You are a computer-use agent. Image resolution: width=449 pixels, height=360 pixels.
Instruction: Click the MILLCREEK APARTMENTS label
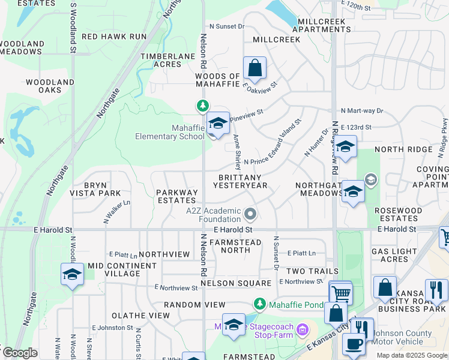tap(321, 25)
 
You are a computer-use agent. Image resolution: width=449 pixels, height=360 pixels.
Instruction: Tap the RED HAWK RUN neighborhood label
tap(114, 37)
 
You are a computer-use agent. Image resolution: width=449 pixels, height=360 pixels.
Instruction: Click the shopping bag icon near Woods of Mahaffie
tap(255, 68)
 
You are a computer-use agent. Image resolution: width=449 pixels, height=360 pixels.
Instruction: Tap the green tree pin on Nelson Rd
tap(203, 106)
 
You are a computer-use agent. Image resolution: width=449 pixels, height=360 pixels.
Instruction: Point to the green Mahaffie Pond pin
tap(260, 304)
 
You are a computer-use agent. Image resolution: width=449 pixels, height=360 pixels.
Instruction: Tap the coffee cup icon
tap(353, 344)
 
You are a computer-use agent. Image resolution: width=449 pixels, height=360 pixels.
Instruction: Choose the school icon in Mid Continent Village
tap(72, 275)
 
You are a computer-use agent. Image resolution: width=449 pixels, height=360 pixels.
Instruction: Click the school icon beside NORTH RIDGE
tap(345, 147)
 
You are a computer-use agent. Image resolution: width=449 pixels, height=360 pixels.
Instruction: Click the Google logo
tap(20, 353)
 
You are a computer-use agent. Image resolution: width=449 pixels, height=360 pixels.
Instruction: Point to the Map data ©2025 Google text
tap(412, 355)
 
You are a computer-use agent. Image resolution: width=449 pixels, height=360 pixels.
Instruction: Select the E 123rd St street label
tap(356, 128)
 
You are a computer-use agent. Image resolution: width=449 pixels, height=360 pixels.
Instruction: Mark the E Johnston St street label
tap(112, 328)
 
